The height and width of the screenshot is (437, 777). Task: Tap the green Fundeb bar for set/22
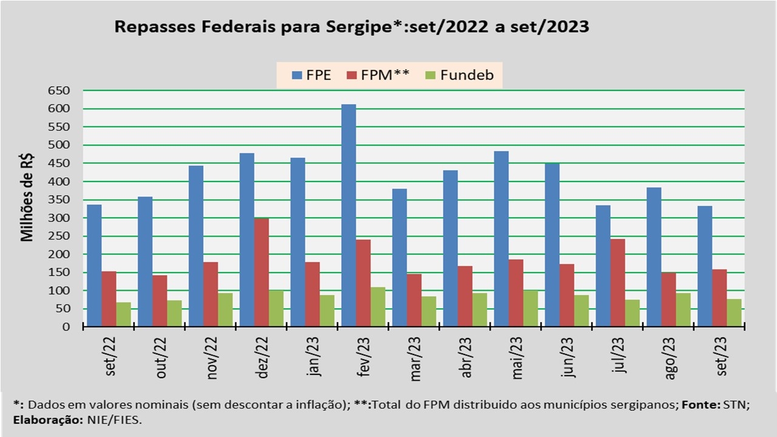(x=124, y=314)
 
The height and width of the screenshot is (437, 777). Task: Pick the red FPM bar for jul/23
(x=617, y=283)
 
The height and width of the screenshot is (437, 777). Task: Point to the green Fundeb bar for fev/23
(x=378, y=307)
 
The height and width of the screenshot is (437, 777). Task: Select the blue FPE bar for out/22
(x=145, y=262)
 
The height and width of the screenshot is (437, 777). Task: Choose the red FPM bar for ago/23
(x=668, y=300)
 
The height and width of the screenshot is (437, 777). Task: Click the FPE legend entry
(x=311, y=76)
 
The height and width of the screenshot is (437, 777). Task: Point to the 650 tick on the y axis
(x=59, y=90)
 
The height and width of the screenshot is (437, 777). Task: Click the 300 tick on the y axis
(x=59, y=218)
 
